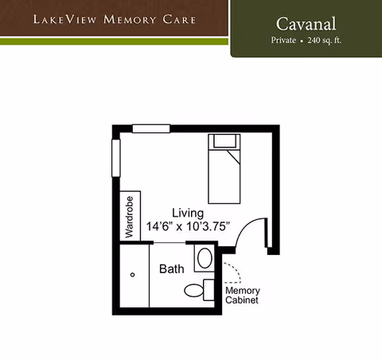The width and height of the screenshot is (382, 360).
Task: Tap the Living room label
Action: pos(188,213)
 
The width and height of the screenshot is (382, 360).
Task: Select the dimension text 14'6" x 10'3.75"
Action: pos(188,226)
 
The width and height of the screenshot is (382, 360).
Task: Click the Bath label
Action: pos(172,269)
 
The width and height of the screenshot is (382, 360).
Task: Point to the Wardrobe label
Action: pos(130,215)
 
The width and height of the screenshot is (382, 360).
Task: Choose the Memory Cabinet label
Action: pos(243,295)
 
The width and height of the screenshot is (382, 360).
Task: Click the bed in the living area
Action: pos(224,171)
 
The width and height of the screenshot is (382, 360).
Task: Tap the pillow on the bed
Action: pos(224,143)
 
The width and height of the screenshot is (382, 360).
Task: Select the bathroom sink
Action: pos(205,258)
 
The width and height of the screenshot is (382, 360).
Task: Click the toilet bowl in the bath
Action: pos(193,290)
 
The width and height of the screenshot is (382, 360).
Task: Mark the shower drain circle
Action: pos(133,275)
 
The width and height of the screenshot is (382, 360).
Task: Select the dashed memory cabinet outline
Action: pos(232,272)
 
